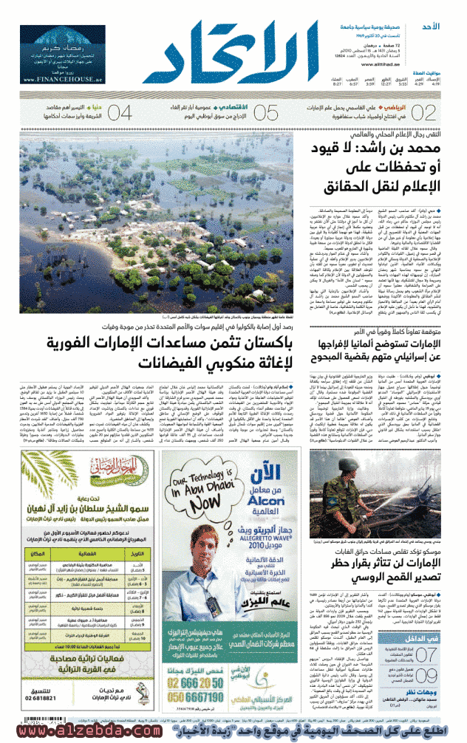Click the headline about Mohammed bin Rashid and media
[x=378, y=167]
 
